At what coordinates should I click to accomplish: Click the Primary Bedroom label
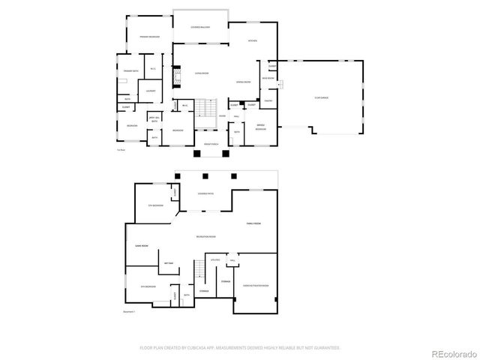(148, 36)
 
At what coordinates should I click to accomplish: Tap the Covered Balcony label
(199, 27)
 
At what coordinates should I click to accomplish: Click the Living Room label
(201, 73)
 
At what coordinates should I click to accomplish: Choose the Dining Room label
(243, 82)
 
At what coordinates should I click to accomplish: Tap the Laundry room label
(151, 91)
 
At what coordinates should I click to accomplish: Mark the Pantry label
(268, 100)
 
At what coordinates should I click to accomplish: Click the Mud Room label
(267, 77)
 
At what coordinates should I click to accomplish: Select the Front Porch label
(211, 142)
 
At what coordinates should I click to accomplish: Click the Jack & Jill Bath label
(154, 119)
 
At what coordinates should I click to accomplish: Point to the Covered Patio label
(205, 193)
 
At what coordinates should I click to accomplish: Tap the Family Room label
(253, 223)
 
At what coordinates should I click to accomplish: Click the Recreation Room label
(206, 237)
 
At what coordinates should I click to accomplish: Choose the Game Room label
(140, 245)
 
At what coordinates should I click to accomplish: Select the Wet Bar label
(169, 262)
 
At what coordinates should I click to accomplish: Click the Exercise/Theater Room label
(255, 286)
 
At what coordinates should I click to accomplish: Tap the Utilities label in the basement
(215, 260)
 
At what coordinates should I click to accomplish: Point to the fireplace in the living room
(177, 75)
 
